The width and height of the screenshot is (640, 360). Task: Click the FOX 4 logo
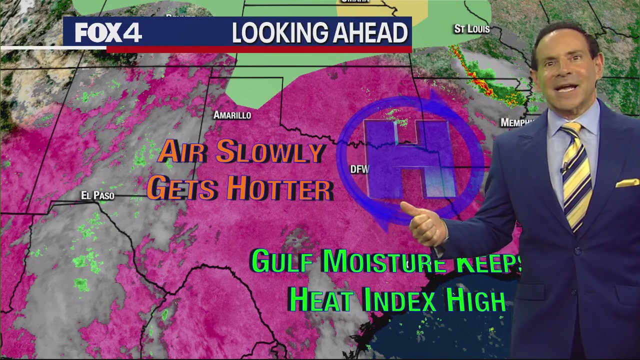point(108,33)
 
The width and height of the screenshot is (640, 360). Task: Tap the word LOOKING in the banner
point(274,33)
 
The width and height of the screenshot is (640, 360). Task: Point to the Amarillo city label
point(232,115)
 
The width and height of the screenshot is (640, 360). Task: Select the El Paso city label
point(98,195)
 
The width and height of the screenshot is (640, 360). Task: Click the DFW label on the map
point(359,169)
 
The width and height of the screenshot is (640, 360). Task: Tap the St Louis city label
point(471,29)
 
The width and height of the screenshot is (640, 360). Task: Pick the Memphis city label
point(515,122)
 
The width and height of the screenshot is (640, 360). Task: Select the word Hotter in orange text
point(280,189)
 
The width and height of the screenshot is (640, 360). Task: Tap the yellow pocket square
point(627,183)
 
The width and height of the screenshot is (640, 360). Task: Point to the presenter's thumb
point(409,208)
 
